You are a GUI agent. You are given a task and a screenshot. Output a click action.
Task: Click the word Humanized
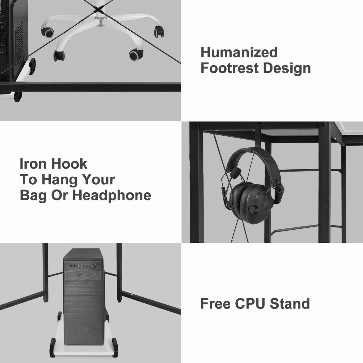tap(239, 52)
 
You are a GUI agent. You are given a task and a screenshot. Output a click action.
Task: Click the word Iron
tap(33, 164)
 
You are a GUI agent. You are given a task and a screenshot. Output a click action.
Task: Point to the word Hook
tap(69, 164)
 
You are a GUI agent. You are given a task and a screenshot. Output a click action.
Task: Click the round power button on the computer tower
tap(97, 266)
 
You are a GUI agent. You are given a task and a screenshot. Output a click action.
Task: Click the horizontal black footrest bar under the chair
tap(90, 87)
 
